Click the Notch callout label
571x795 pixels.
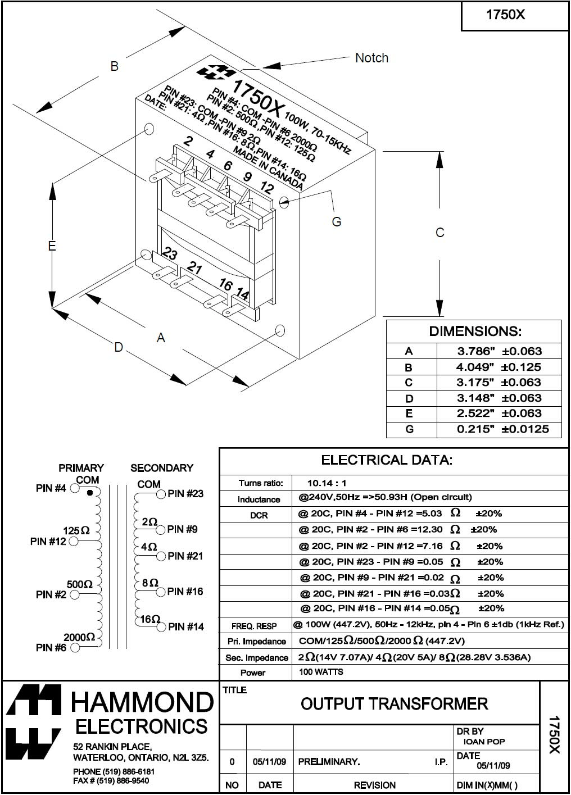(371, 58)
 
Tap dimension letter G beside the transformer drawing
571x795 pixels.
(337, 222)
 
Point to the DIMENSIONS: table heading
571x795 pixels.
(475, 331)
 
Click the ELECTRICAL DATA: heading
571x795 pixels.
(387, 460)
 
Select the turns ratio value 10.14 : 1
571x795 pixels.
(327, 483)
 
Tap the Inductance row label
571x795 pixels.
(259, 499)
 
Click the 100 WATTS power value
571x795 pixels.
(321, 672)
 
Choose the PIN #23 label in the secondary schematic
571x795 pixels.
(185, 494)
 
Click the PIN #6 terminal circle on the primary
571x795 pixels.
(75, 648)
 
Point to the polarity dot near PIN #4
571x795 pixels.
(89, 493)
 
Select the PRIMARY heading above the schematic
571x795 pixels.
(81, 468)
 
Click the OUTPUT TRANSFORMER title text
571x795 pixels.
(395, 703)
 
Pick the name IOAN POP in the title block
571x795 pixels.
(484, 742)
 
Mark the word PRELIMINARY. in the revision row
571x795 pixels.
(329, 762)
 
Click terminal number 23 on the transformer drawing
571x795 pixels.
(170, 255)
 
